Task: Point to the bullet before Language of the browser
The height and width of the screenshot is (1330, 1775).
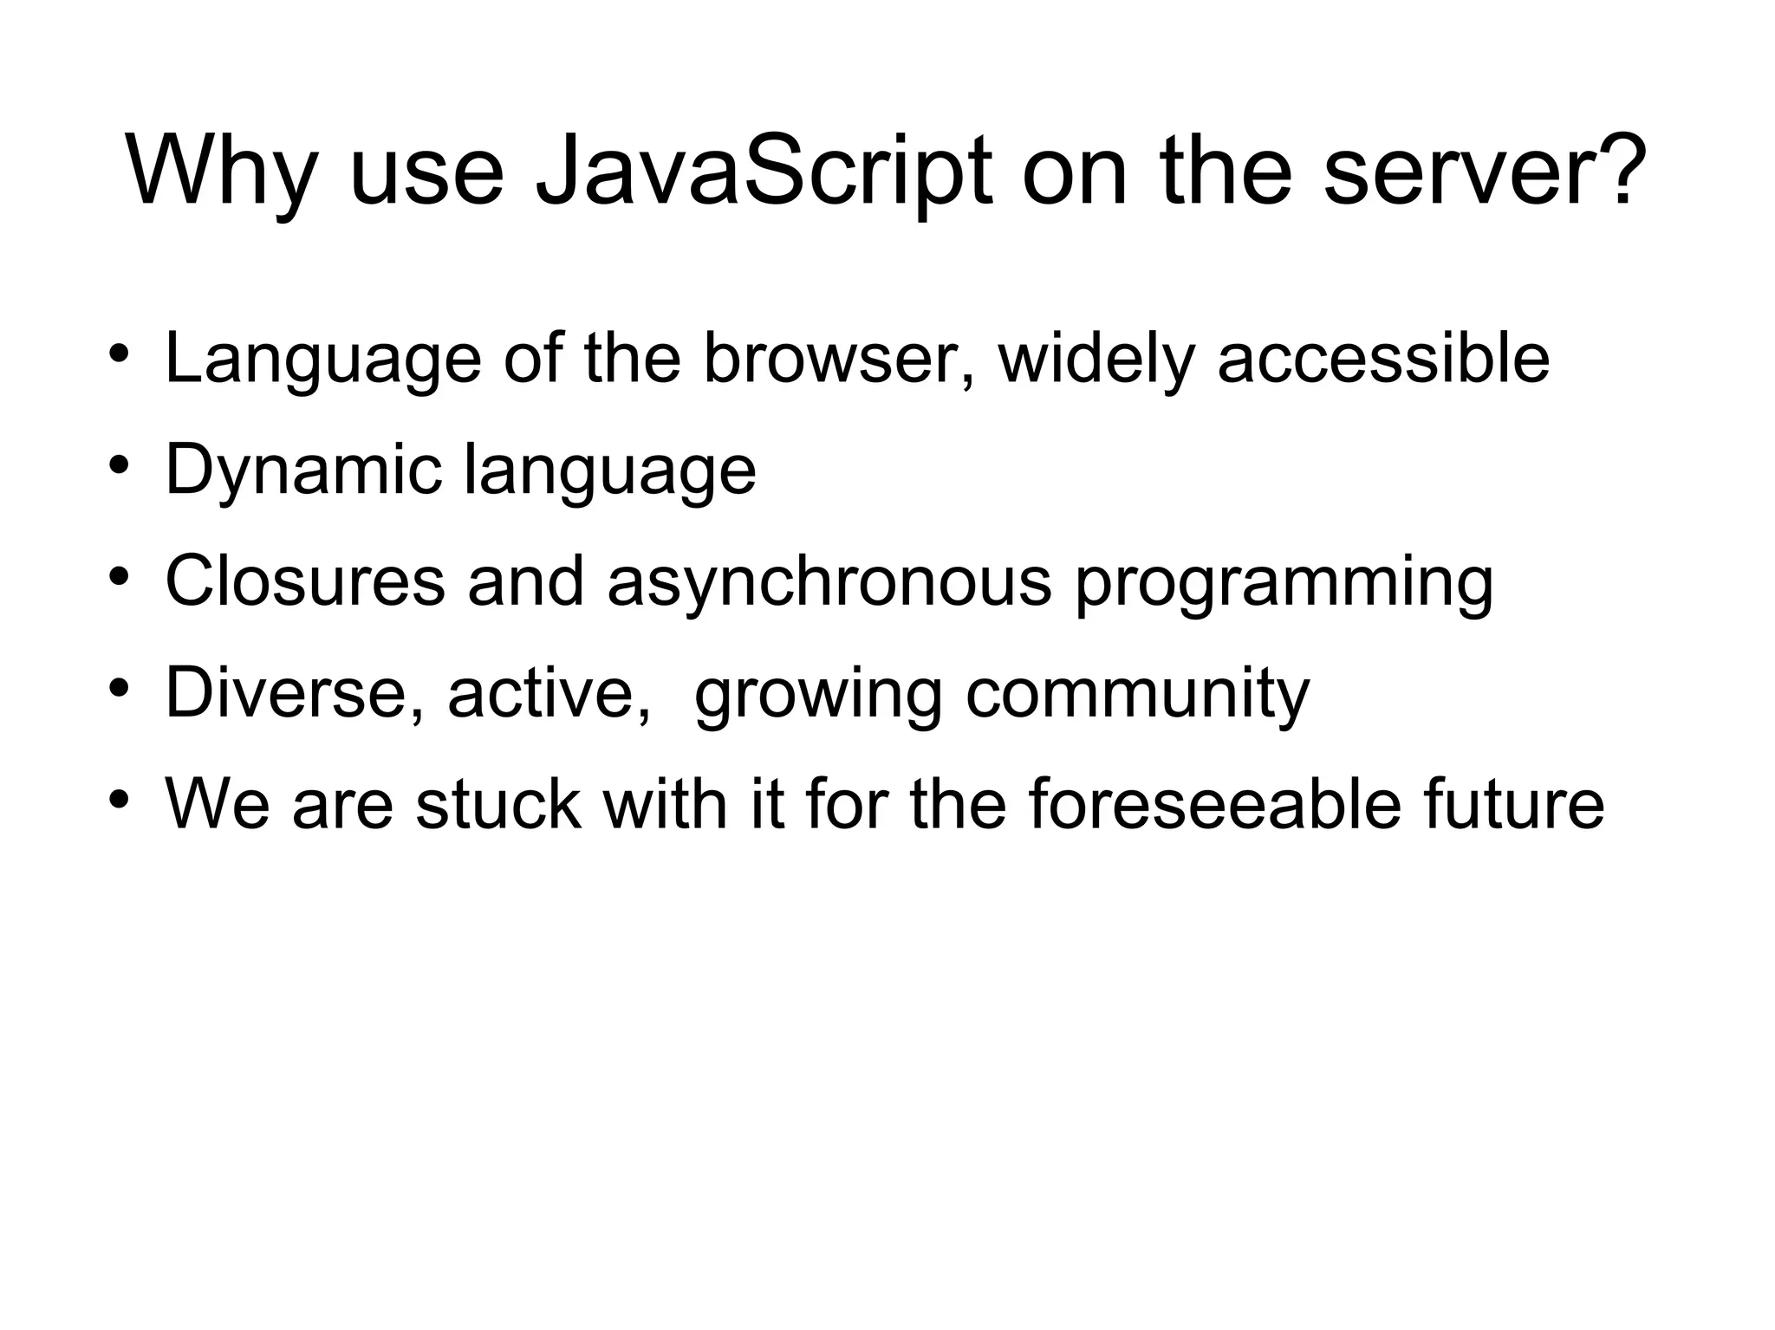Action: coord(120,354)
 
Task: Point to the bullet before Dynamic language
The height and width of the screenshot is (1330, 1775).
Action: coord(120,466)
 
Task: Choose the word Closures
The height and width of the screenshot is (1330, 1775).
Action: coord(304,581)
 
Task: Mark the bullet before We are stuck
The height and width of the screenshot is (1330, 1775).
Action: coord(120,800)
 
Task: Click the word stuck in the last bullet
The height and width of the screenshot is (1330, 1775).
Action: coord(498,804)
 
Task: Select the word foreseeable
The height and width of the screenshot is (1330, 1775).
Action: coord(1214,804)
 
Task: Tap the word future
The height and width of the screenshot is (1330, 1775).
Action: coord(1513,804)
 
